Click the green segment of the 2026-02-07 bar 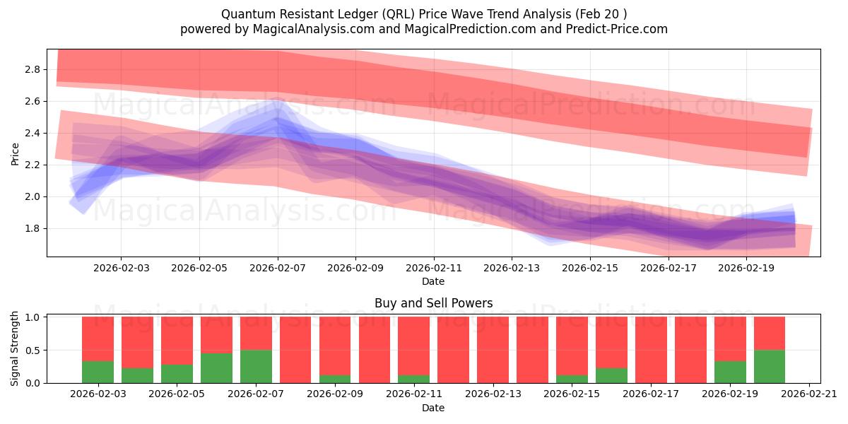point(256,367)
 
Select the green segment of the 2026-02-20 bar point(770,367)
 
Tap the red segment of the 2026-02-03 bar point(98,338)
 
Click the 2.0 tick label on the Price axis point(33,196)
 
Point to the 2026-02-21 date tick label point(808,394)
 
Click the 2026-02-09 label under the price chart point(355,269)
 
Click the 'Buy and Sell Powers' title point(433,303)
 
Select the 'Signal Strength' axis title point(15,348)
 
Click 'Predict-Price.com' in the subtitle point(619,29)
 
